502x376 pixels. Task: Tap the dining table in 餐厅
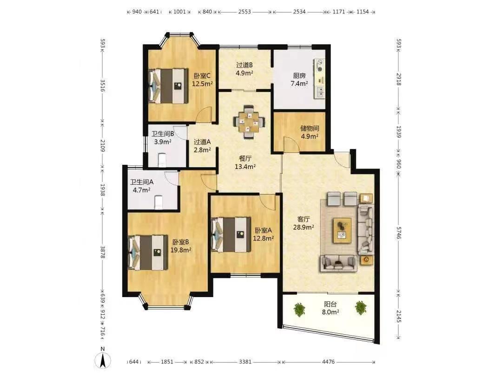249,122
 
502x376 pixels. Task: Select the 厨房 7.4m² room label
299,80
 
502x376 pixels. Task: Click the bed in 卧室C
168,86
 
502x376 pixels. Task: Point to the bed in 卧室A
231,235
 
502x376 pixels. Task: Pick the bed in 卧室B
148,253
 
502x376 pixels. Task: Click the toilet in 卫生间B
162,160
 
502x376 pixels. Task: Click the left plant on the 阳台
299,309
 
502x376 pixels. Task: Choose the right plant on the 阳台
361,308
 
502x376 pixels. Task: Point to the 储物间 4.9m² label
310,132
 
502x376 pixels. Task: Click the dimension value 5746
399,233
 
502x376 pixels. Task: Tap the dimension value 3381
245,362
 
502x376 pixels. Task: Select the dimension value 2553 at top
244,12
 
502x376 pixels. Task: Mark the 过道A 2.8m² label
202,146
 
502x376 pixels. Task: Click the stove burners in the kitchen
319,65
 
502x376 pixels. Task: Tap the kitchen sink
319,92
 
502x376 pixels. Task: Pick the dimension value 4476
328,362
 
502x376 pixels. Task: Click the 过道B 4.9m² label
244,69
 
